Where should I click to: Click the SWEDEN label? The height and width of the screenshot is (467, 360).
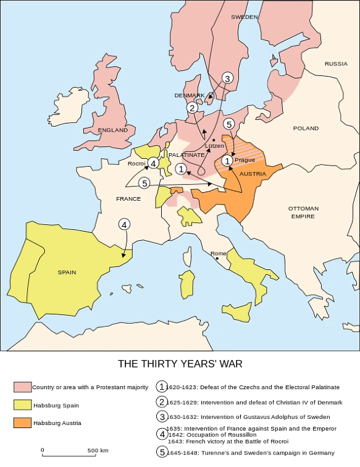244,17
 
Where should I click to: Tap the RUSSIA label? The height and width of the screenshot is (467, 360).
336,64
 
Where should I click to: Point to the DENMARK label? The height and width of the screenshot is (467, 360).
188,95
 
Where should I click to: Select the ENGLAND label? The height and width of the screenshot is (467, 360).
113,130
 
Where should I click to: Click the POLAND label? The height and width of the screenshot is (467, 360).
306,128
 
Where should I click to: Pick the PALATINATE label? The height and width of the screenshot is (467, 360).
186,154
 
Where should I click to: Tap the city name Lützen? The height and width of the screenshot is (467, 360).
214,146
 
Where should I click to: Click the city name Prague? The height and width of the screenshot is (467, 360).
245,160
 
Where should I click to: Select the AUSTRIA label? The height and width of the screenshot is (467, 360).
253,174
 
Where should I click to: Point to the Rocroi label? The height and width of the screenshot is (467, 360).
136,164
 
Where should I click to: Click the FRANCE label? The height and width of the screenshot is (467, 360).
128,199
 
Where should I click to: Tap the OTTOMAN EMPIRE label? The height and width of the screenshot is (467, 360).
303,212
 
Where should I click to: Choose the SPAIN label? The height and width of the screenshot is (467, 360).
67,272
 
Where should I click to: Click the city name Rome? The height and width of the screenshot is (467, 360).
219,253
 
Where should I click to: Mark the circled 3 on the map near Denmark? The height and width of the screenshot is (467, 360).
227,78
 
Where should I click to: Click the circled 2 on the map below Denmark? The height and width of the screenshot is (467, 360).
193,108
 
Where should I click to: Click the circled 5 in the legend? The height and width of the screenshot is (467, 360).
161,452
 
